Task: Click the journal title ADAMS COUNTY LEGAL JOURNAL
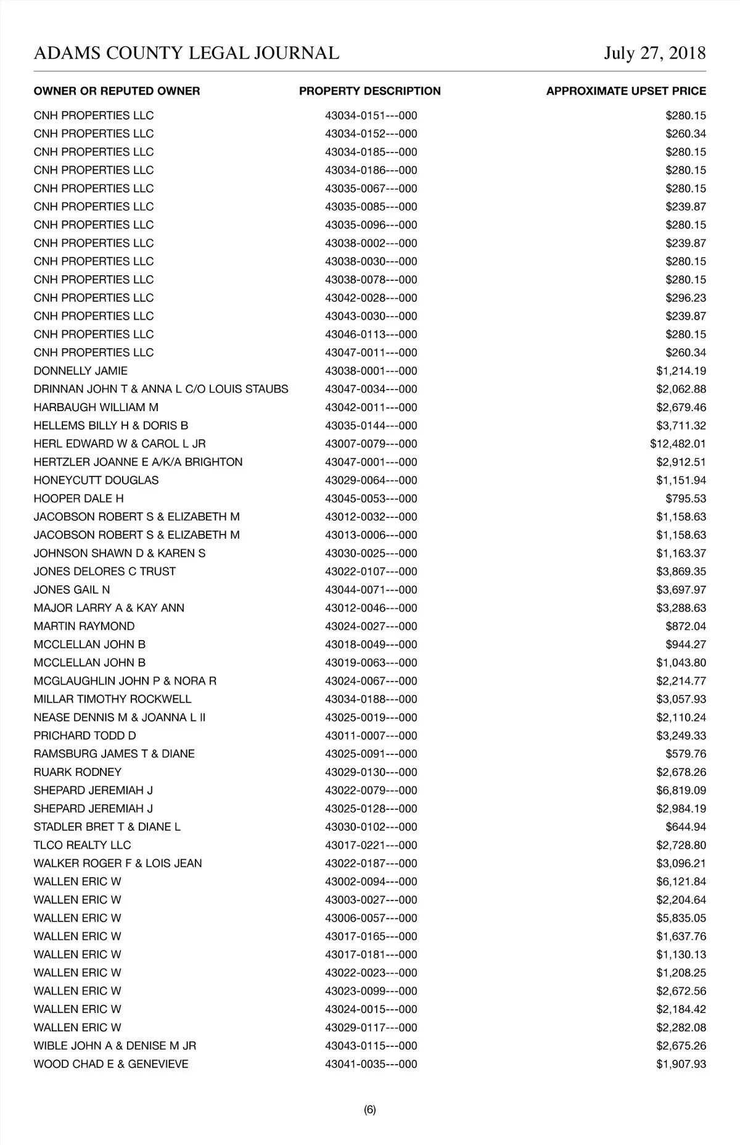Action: pyautogui.click(x=186, y=53)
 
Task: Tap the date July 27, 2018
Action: pyautogui.click(x=654, y=53)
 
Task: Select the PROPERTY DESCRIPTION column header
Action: pyautogui.click(x=369, y=91)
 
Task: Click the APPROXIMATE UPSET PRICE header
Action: pyautogui.click(x=625, y=91)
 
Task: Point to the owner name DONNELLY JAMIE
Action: pyautogui.click(x=81, y=371)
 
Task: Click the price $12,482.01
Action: pyautogui.click(x=678, y=444)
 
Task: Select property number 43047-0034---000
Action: pyautogui.click(x=371, y=389)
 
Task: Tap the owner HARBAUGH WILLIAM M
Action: pyautogui.click(x=96, y=407)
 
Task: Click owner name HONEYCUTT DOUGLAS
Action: pyautogui.click(x=96, y=480)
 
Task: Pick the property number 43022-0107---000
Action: pyautogui.click(x=371, y=572)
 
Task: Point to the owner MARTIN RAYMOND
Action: pyautogui.click(x=84, y=627)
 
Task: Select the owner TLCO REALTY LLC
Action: pyautogui.click(x=82, y=845)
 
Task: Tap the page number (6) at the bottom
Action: pyautogui.click(x=370, y=1110)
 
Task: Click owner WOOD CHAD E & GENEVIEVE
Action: pyautogui.click(x=111, y=1064)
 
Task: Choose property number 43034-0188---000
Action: pyautogui.click(x=371, y=699)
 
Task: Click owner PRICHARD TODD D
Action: pyautogui.click(x=85, y=736)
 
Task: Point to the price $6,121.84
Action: pyautogui.click(x=681, y=881)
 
